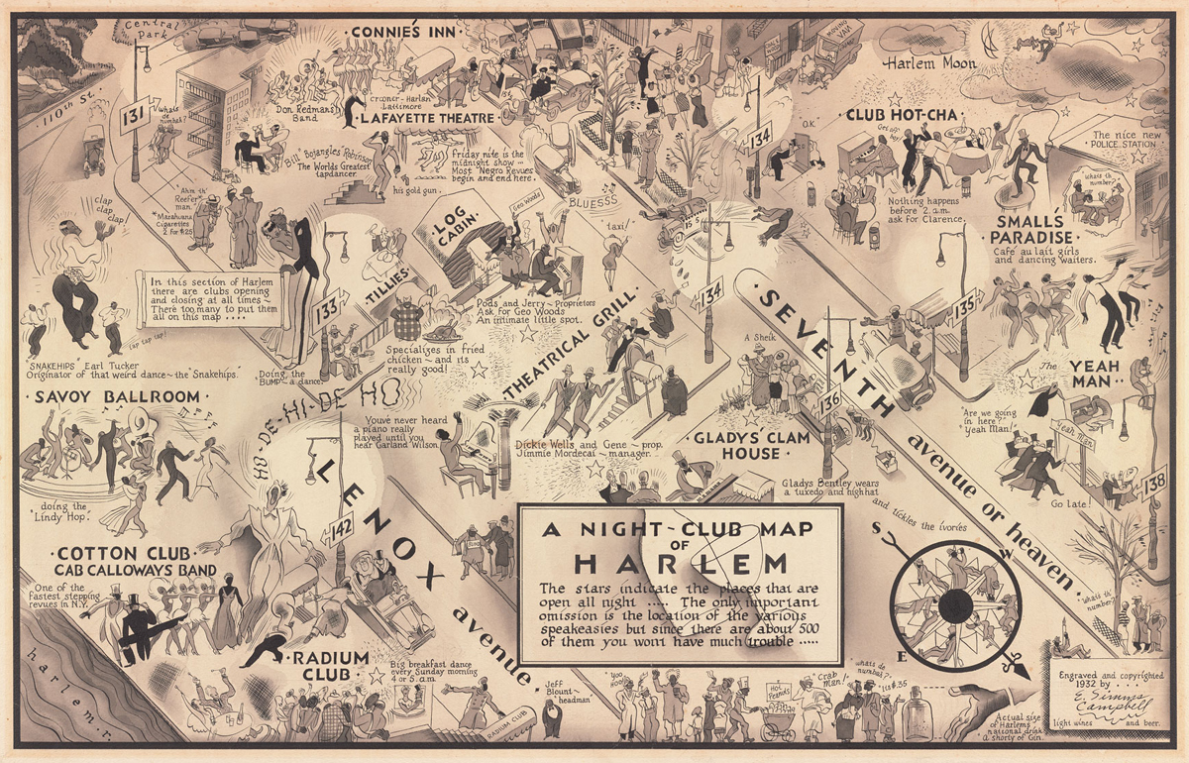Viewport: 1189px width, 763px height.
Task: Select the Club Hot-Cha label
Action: (902, 115)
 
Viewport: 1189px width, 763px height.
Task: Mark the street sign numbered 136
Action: (829, 401)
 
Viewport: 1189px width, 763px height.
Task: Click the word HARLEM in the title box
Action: (680, 563)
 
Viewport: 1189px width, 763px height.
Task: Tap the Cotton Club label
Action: (111, 553)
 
